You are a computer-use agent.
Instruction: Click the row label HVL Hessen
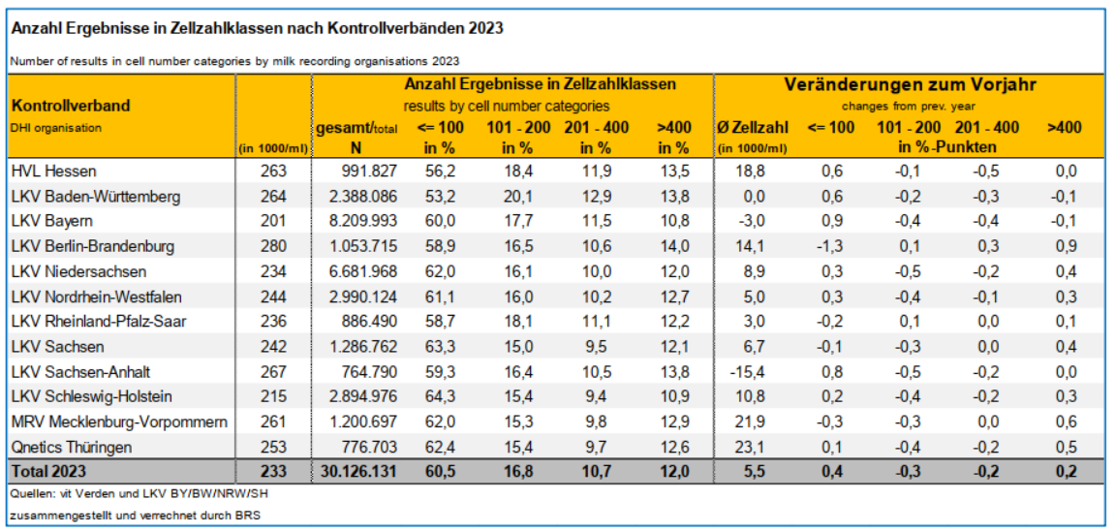(x=53, y=172)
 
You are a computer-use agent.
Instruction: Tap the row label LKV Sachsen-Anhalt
(x=80, y=371)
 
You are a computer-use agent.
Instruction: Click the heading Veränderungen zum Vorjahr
(x=910, y=84)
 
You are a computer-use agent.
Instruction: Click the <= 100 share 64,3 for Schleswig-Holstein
(x=442, y=396)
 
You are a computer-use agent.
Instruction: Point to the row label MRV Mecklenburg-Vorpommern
(x=119, y=422)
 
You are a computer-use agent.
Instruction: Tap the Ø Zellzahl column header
(x=753, y=127)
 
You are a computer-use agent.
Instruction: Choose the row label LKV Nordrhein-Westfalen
(x=97, y=297)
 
